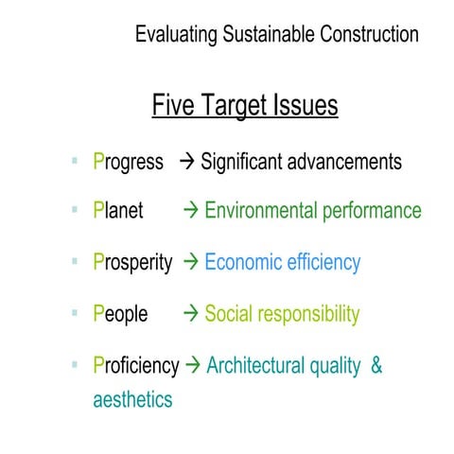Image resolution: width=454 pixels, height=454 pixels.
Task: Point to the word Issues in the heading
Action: pyautogui.click(x=304, y=105)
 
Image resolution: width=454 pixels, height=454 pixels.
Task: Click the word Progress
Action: pyautogui.click(x=129, y=162)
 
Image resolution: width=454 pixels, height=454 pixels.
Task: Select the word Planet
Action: pyautogui.click(x=118, y=211)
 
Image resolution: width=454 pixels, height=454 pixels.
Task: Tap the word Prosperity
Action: pyautogui.click(x=133, y=262)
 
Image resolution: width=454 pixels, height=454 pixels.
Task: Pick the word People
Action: pyautogui.click(x=121, y=313)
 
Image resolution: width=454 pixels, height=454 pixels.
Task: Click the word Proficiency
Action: pyautogui.click(x=136, y=364)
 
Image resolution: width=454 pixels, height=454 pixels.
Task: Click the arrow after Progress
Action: pyautogui.click(x=186, y=161)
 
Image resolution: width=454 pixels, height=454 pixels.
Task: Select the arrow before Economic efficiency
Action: pyautogui.click(x=189, y=262)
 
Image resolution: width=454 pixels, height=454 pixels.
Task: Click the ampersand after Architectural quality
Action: pyautogui.click(x=376, y=364)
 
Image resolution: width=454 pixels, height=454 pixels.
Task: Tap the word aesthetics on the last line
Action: pyautogui.click(x=132, y=398)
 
